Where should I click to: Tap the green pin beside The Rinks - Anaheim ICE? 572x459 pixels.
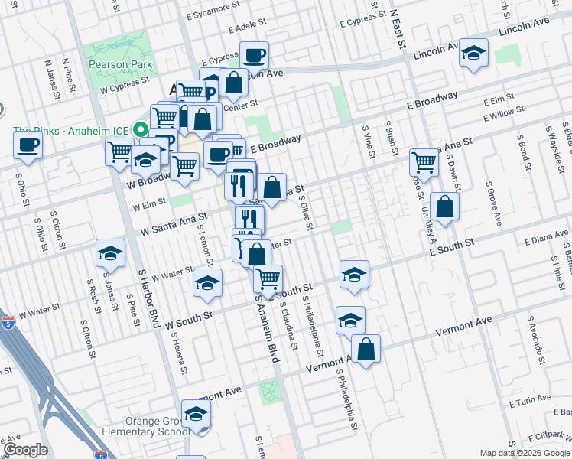pyautogui.click(x=141, y=129)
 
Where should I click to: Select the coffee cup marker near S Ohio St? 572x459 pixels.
pyautogui.click(x=28, y=145)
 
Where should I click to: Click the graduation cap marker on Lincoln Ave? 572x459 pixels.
pyautogui.click(x=474, y=54)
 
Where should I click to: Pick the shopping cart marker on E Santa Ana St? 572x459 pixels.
pyautogui.click(x=424, y=161)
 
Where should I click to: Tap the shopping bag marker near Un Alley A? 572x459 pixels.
pyautogui.click(x=444, y=206)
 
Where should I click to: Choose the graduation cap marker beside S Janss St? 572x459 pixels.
pyautogui.click(x=110, y=254)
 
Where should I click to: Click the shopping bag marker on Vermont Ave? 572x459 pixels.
pyautogui.click(x=366, y=349)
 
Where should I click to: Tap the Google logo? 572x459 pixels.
pyautogui.click(x=25, y=450)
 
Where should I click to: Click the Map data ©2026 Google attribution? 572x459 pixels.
pyautogui.click(x=525, y=453)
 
